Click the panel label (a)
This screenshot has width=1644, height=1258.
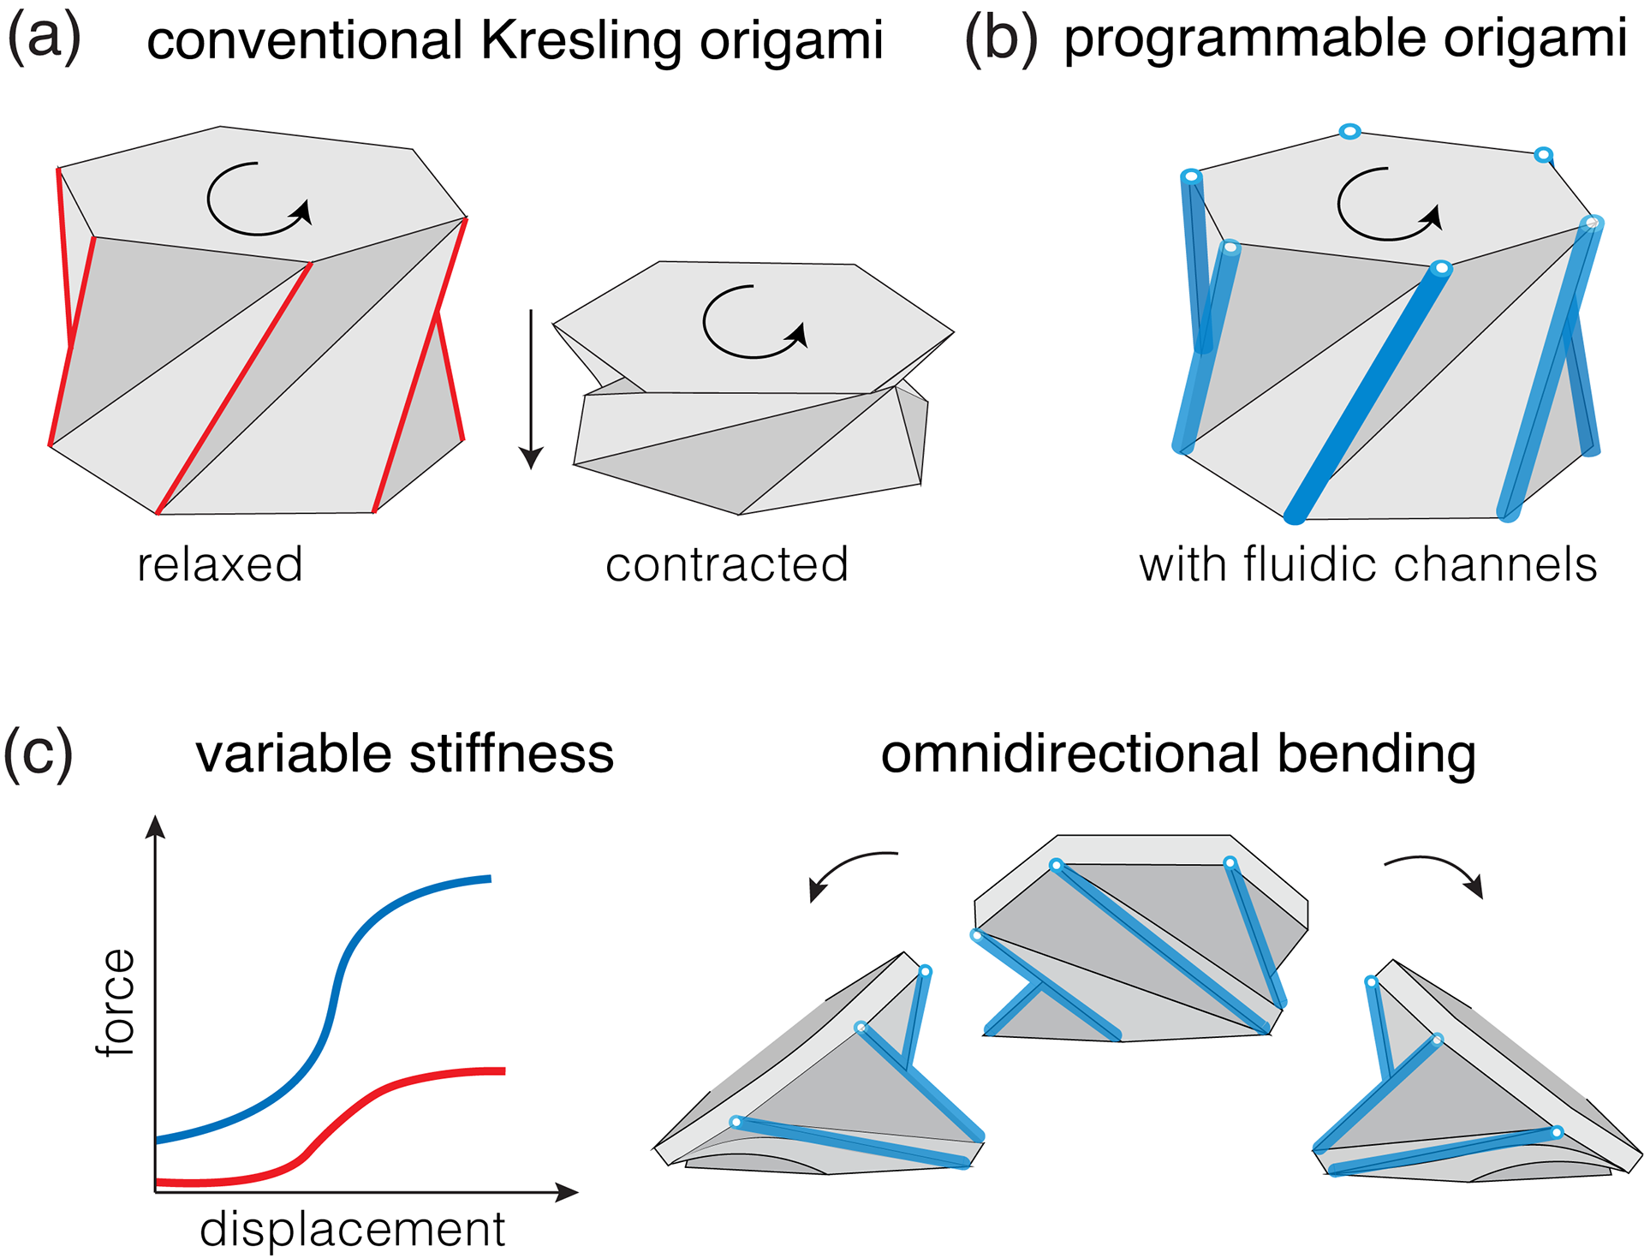45,38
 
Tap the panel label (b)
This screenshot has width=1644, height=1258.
1001,39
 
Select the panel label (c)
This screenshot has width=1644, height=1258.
39,753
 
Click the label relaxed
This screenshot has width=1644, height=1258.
220,564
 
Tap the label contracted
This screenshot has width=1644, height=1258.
727,564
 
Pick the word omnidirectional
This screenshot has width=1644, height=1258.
1071,754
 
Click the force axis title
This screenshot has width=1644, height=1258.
116,1002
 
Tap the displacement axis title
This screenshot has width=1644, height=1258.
353,1230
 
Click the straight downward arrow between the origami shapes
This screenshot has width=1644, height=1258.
532,389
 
